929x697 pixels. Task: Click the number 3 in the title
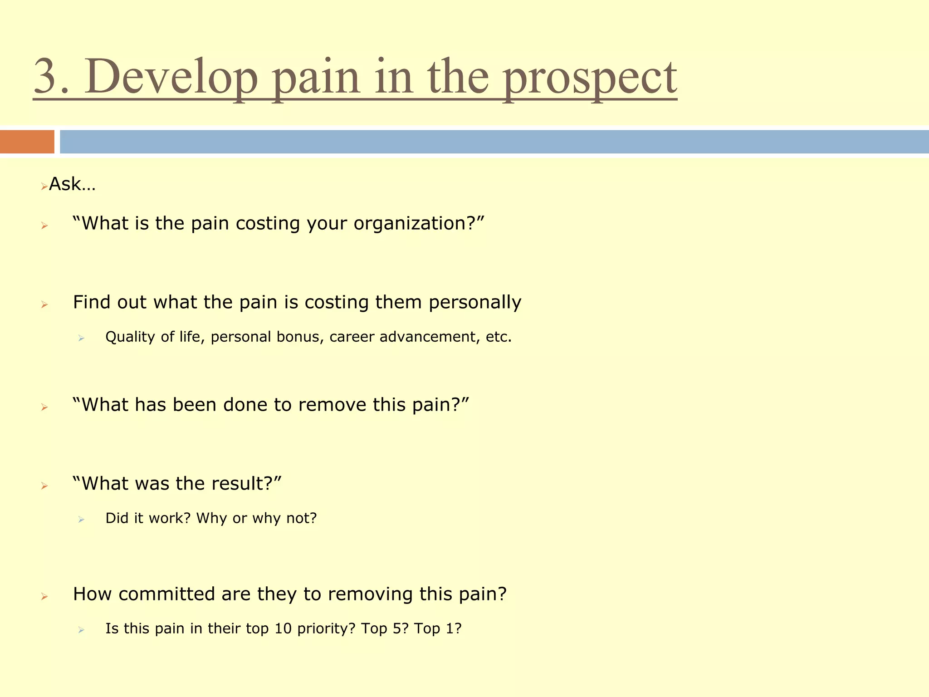tap(49, 76)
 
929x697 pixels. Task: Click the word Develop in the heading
tap(171, 76)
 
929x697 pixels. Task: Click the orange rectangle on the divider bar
tap(27, 142)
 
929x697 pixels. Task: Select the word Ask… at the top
tap(72, 184)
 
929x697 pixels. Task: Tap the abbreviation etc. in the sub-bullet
tap(499, 337)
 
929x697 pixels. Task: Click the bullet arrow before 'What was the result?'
tap(44, 486)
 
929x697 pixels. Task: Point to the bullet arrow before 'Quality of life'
tap(81, 338)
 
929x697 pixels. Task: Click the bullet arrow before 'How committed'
tap(44, 596)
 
